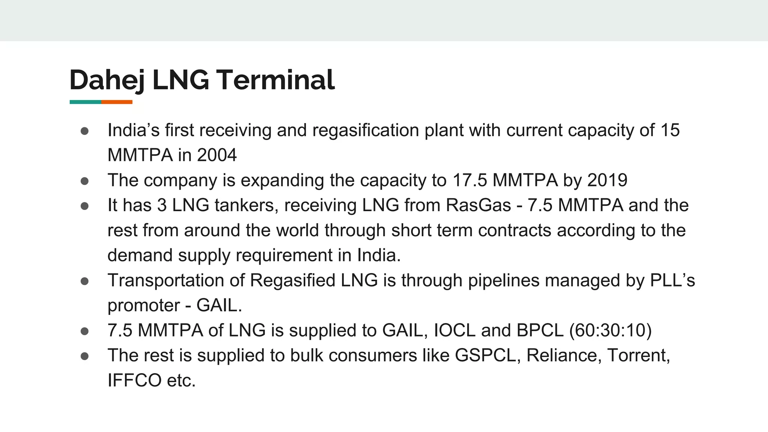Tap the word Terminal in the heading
click(275, 80)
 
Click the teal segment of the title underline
click(85, 102)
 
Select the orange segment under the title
click(117, 102)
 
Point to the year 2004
click(217, 155)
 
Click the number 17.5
click(469, 180)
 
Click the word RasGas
click(478, 205)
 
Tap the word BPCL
click(540, 330)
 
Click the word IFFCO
click(134, 380)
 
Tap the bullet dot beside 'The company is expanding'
click(84, 181)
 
